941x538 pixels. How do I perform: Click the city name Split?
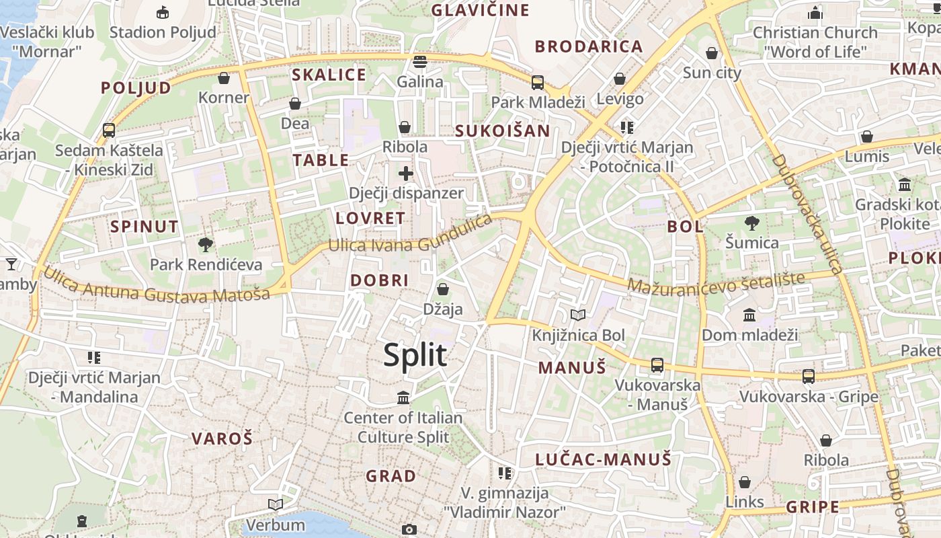tap(415, 355)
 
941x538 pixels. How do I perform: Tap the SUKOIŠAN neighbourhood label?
tap(502, 131)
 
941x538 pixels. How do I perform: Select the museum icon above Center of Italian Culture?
tap(403, 398)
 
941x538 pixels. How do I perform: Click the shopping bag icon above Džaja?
tap(443, 289)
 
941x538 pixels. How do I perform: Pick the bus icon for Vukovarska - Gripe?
tap(809, 377)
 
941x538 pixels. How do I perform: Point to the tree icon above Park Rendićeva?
tap(206, 245)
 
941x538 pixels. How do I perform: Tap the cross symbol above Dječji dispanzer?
tap(406, 174)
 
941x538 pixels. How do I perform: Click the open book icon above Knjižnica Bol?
tap(578, 315)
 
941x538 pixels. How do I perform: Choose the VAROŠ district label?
tap(222, 439)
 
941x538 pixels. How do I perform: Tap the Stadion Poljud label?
tap(163, 32)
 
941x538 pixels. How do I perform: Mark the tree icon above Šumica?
tap(752, 223)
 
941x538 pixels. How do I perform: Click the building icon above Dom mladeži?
tap(749, 315)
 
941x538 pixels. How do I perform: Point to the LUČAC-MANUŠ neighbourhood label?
tap(603, 459)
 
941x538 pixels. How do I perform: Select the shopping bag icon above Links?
tap(745, 482)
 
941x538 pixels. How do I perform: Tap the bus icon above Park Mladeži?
tap(538, 83)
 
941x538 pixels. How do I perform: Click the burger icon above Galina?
tap(420, 62)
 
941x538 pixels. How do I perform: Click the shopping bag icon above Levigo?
tap(620, 79)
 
